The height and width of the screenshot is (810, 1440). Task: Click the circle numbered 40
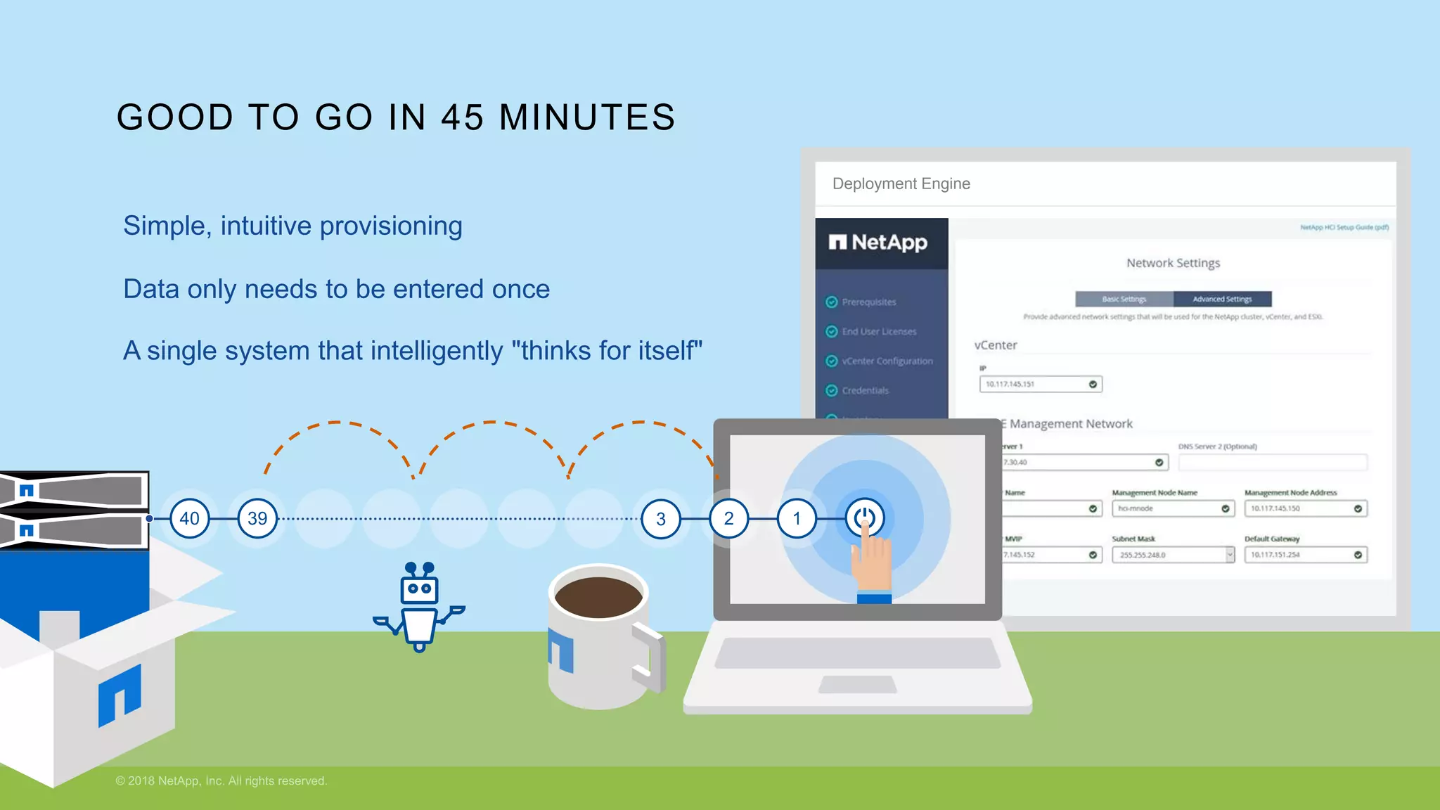(x=190, y=519)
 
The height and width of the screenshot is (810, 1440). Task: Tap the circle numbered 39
(x=257, y=519)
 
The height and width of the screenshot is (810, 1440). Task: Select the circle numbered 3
(x=661, y=519)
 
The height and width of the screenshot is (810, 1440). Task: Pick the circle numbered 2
(x=729, y=519)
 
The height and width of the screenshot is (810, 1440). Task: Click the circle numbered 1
(x=797, y=519)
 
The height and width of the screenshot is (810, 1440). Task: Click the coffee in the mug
(x=598, y=597)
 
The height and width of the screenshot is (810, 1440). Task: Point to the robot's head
(x=420, y=589)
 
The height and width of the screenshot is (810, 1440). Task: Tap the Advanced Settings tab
(x=1222, y=299)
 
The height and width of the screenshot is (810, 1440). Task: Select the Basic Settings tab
(x=1124, y=299)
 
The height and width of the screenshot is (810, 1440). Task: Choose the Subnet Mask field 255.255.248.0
(x=1171, y=555)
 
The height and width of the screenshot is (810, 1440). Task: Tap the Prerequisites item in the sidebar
(x=869, y=302)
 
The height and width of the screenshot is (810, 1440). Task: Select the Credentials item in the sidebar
(x=865, y=391)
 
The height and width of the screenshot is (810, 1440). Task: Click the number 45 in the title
(x=463, y=117)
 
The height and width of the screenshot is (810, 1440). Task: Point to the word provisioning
(x=391, y=226)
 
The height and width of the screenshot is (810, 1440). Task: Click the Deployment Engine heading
(x=901, y=184)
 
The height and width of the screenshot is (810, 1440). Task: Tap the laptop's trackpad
(x=858, y=684)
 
